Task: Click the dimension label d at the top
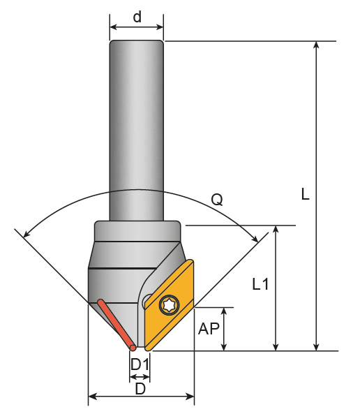tap(137, 17)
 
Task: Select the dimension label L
tap(305, 194)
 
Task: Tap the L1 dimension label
tap(260, 284)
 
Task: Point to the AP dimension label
tap(209, 329)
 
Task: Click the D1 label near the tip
tap(140, 364)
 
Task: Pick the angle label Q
tap(217, 200)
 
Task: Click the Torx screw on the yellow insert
tap(169, 305)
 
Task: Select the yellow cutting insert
tap(169, 305)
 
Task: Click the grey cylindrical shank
tap(137, 131)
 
